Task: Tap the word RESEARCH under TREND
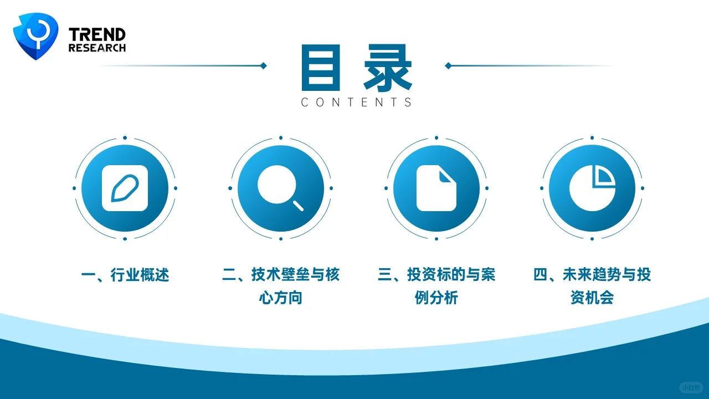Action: pyautogui.click(x=97, y=48)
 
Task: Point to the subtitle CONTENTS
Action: pyautogui.click(x=357, y=103)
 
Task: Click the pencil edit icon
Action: pyautogui.click(x=125, y=188)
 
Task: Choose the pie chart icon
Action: pyautogui.click(x=592, y=188)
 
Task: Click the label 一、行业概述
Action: pyautogui.click(x=125, y=275)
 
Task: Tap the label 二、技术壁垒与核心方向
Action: pyautogui.click(x=280, y=286)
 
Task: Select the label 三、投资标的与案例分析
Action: pyautogui.click(x=436, y=286)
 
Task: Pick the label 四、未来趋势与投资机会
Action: pyautogui.click(x=592, y=286)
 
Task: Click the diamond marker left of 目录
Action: pyautogui.click(x=263, y=66)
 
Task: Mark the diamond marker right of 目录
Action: pyautogui.click(x=448, y=66)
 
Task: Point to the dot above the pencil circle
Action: pyautogui.click(x=125, y=137)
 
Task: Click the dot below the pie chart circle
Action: pyautogui.click(x=592, y=239)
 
